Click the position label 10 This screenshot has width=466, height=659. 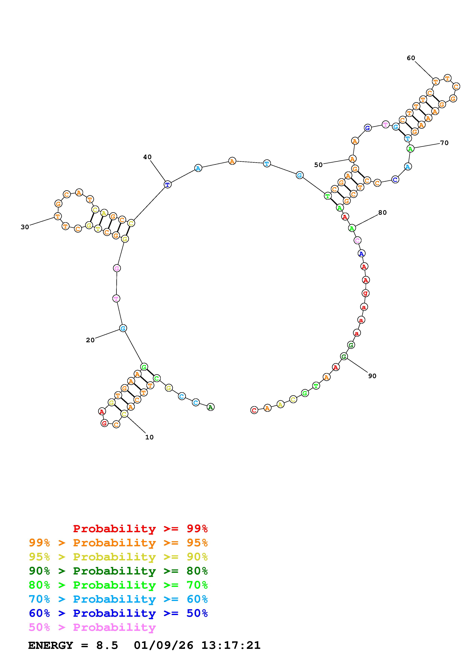tap(149, 437)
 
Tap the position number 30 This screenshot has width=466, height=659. tap(25, 227)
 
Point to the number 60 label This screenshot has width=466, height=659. tap(411, 58)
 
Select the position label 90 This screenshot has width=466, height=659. tap(372, 376)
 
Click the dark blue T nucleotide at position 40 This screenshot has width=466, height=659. tap(168, 184)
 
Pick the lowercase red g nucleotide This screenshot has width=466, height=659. tap(365, 293)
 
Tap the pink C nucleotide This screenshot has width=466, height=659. tap(358, 240)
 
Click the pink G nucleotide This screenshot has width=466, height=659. tap(117, 268)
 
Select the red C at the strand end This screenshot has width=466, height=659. tap(254, 410)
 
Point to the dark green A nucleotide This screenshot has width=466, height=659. tap(211, 407)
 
